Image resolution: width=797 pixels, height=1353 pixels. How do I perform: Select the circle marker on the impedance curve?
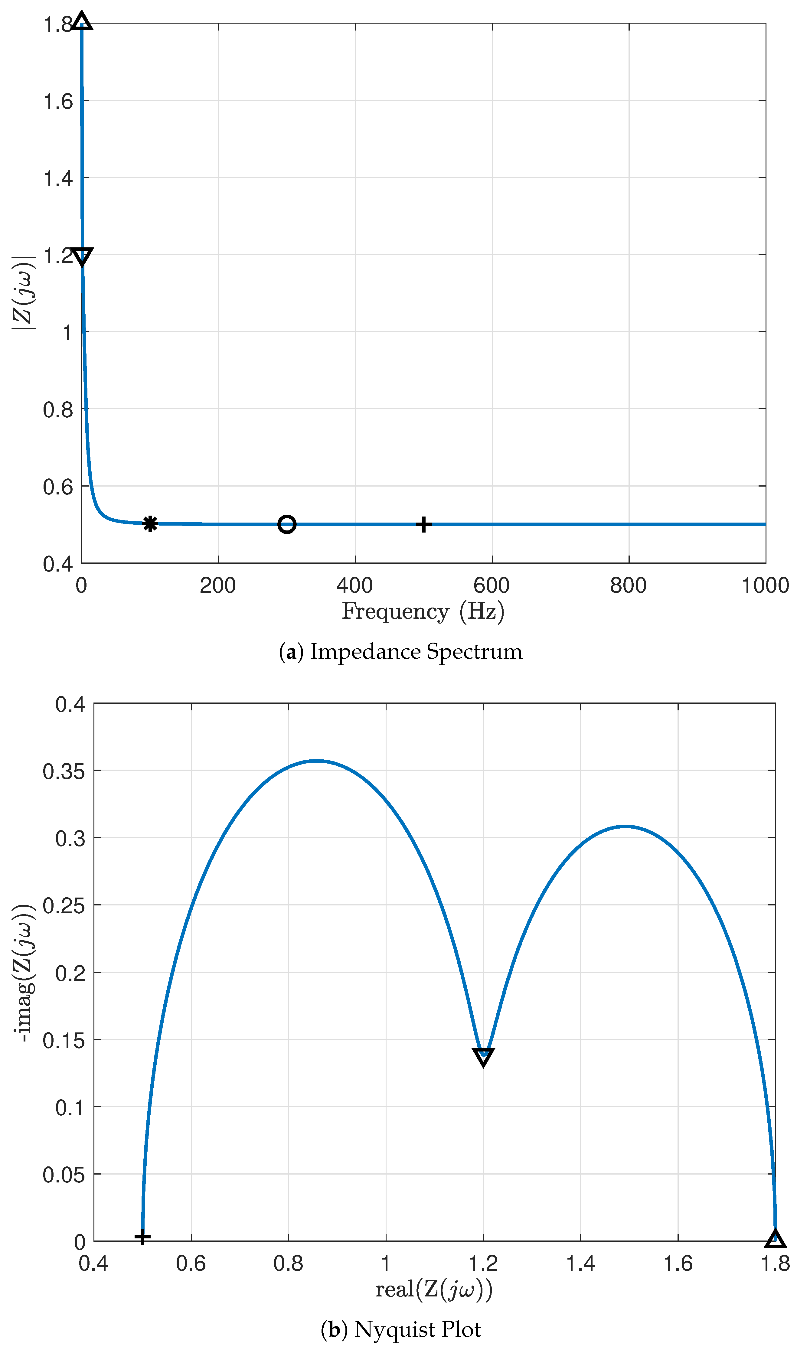(287, 524)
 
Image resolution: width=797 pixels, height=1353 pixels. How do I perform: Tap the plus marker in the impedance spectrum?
(424, 524)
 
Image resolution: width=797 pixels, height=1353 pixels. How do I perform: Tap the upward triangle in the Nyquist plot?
(775, 1239)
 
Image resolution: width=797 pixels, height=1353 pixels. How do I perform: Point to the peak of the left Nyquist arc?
(317, 761)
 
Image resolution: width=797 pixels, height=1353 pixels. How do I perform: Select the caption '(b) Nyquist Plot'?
(401, 1329)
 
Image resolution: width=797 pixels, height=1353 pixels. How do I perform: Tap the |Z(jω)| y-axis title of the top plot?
(24, 293)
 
